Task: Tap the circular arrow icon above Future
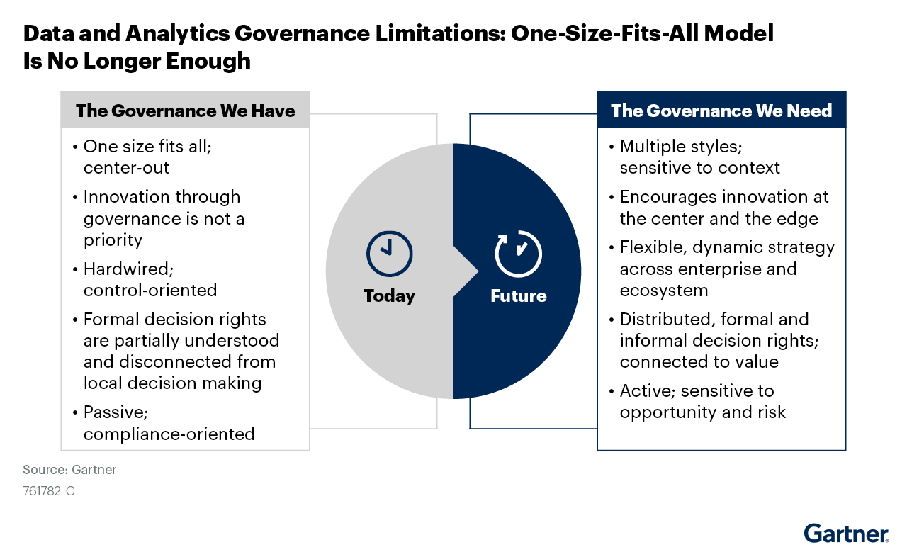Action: point(518,252)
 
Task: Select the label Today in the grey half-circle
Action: point(389,295)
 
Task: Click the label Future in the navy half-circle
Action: point(518,295)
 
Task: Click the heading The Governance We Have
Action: point(186,111)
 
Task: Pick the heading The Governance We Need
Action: point(721,111)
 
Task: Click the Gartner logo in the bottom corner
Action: point(845,532)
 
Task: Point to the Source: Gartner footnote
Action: point(69,470)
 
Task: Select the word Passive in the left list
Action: point(115,412)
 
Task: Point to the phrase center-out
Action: point(126,168)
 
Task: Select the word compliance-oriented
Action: point(169,434)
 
